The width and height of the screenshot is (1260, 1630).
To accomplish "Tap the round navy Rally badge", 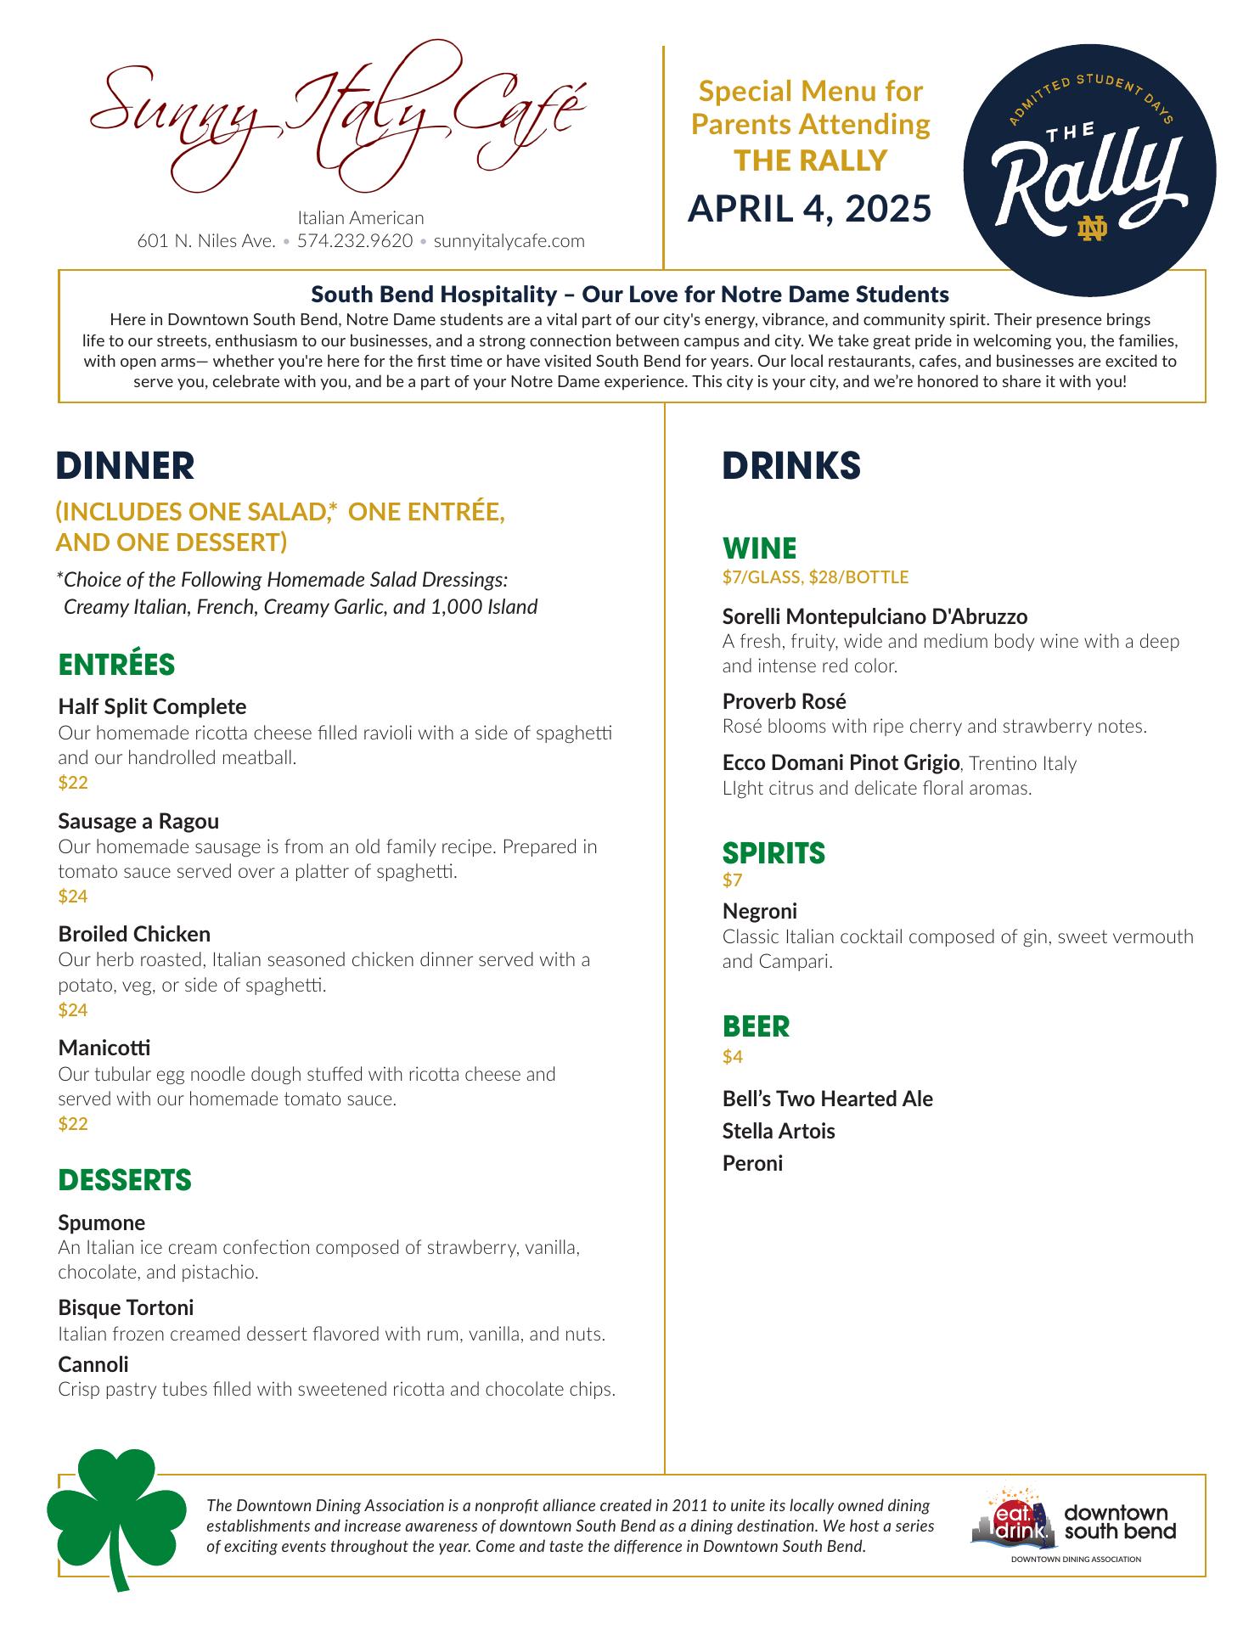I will [1089, 170].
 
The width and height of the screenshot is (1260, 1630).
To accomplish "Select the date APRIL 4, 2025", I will [809, 209].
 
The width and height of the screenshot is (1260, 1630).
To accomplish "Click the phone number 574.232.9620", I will [355, 241].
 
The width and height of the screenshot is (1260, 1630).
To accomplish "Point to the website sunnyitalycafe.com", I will [509, 241].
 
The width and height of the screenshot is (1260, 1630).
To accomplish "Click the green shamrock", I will [116, 1515].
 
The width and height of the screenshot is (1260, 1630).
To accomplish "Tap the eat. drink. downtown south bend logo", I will [1073, 1526].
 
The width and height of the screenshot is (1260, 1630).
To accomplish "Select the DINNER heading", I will [125, 466].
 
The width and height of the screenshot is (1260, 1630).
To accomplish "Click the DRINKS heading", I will [791, 466].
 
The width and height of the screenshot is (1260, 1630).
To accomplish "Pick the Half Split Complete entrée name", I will [152, 706].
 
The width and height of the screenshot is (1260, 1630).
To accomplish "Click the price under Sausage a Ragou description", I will [73, 896].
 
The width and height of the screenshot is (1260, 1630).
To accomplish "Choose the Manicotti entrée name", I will [104, 1048].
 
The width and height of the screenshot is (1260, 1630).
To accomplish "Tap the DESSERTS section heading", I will [125, 1180].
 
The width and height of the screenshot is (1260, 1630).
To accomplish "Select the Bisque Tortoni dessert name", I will [126, 1307].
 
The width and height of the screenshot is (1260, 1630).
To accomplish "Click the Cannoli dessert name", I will [93, 1364].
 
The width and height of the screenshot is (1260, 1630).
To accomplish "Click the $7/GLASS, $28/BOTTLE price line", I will [815, 577].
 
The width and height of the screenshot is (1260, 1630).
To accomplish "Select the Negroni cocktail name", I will [760, 911].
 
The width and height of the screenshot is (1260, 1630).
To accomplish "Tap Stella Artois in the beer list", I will [779, 1131].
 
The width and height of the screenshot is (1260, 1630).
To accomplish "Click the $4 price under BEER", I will [733, 1057].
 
